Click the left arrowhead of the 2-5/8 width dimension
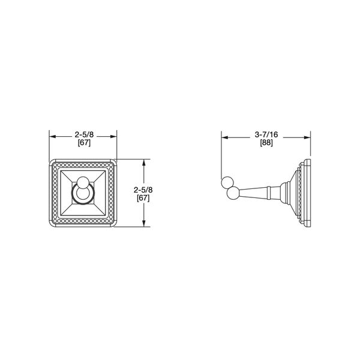[51, 136]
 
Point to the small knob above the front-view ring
[82, 182]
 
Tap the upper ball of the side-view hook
[227, 182]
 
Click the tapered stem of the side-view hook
[252, 193]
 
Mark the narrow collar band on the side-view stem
[271, 193]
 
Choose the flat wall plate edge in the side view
[309, 193]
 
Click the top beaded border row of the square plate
[82, 163]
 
